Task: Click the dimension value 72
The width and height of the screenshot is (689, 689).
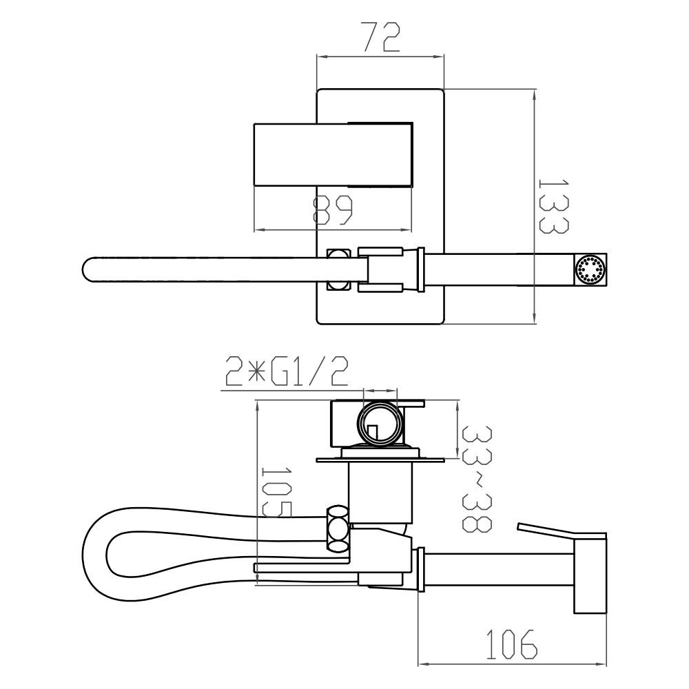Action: click(381, 38)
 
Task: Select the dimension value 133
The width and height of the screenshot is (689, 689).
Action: click(554, 206)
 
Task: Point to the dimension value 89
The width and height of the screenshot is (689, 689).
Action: click(333, 210)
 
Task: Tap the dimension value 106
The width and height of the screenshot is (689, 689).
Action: click(511, 644)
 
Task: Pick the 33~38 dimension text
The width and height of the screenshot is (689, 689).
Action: click(476, 479)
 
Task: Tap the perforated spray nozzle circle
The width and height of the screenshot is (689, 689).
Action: click(590, 270)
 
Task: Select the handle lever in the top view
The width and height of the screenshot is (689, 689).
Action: click(333, 154)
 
